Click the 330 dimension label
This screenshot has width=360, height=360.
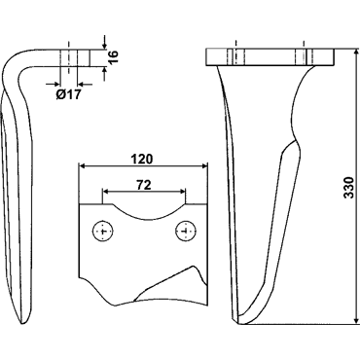tap(348, 188)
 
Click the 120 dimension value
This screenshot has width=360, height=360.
tap(141, 160)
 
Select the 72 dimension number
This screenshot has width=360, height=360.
tap(144, 185)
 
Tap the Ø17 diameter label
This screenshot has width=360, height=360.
tap(68, 94)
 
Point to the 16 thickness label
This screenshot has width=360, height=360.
tap(114, 57)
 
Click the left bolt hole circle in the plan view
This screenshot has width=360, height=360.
tap(103, 232)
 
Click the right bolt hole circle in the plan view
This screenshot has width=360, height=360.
tap(186, 232)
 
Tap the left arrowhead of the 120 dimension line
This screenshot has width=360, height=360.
tap(82, 166)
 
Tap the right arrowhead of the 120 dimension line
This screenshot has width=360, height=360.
tap(204, 166)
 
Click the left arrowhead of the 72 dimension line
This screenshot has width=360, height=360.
tap(106, 192)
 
